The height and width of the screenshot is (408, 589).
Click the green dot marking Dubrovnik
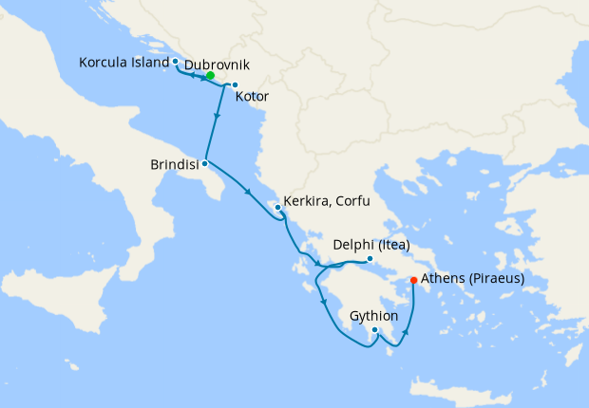click(x=210, y=76)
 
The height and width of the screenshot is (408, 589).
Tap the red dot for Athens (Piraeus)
click(x=413, y=280)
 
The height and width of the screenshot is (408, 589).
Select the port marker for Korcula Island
click(x=176, y=61)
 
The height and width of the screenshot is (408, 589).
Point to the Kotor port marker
click(x=235, y=85)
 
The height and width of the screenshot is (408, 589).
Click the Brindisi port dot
click(x=204, y=163)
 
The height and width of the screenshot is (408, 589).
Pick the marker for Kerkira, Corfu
click(x=277, y=207)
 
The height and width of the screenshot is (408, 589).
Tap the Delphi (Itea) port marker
click(x=369, y=258)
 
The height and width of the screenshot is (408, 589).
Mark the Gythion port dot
click(x=375, y=330)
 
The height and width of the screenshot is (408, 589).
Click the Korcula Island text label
click(x=123, y=62)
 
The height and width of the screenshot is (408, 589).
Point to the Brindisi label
click(x=175, y=164)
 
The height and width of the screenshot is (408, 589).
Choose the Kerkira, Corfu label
click(x=326, y=202)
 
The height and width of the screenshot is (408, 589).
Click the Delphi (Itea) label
click(x=371, y=245)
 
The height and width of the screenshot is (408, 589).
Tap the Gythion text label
click(x=374, y=314)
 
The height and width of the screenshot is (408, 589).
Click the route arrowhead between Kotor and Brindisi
click(x=219, y=118)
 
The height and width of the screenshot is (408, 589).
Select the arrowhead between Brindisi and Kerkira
click(x=249, y=193)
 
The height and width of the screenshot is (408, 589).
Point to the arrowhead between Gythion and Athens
click(x=407, y=333)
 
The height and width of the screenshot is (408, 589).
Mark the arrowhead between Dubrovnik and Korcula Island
click(x=194, y=74)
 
